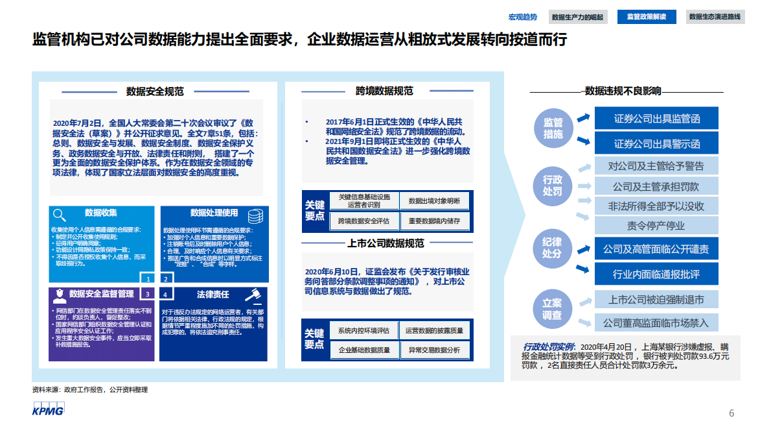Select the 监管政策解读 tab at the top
coord(646,17)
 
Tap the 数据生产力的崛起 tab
coord(577,17)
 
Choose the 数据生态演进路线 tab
coord(715,17)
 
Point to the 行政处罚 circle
coord(553,185)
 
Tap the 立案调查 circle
coord(553,309)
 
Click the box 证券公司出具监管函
coord(657,119)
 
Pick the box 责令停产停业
coord(657,226)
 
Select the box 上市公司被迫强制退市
coord(657,300)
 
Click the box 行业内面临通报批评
coord(657,274)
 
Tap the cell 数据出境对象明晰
coord(434,201)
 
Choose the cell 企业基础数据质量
coord(363,350)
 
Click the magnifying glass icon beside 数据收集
coord(60,215)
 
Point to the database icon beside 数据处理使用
coord(255,215)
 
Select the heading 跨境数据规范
coord(384,91)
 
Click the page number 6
coord(731,413)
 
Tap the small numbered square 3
coord(148,294)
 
